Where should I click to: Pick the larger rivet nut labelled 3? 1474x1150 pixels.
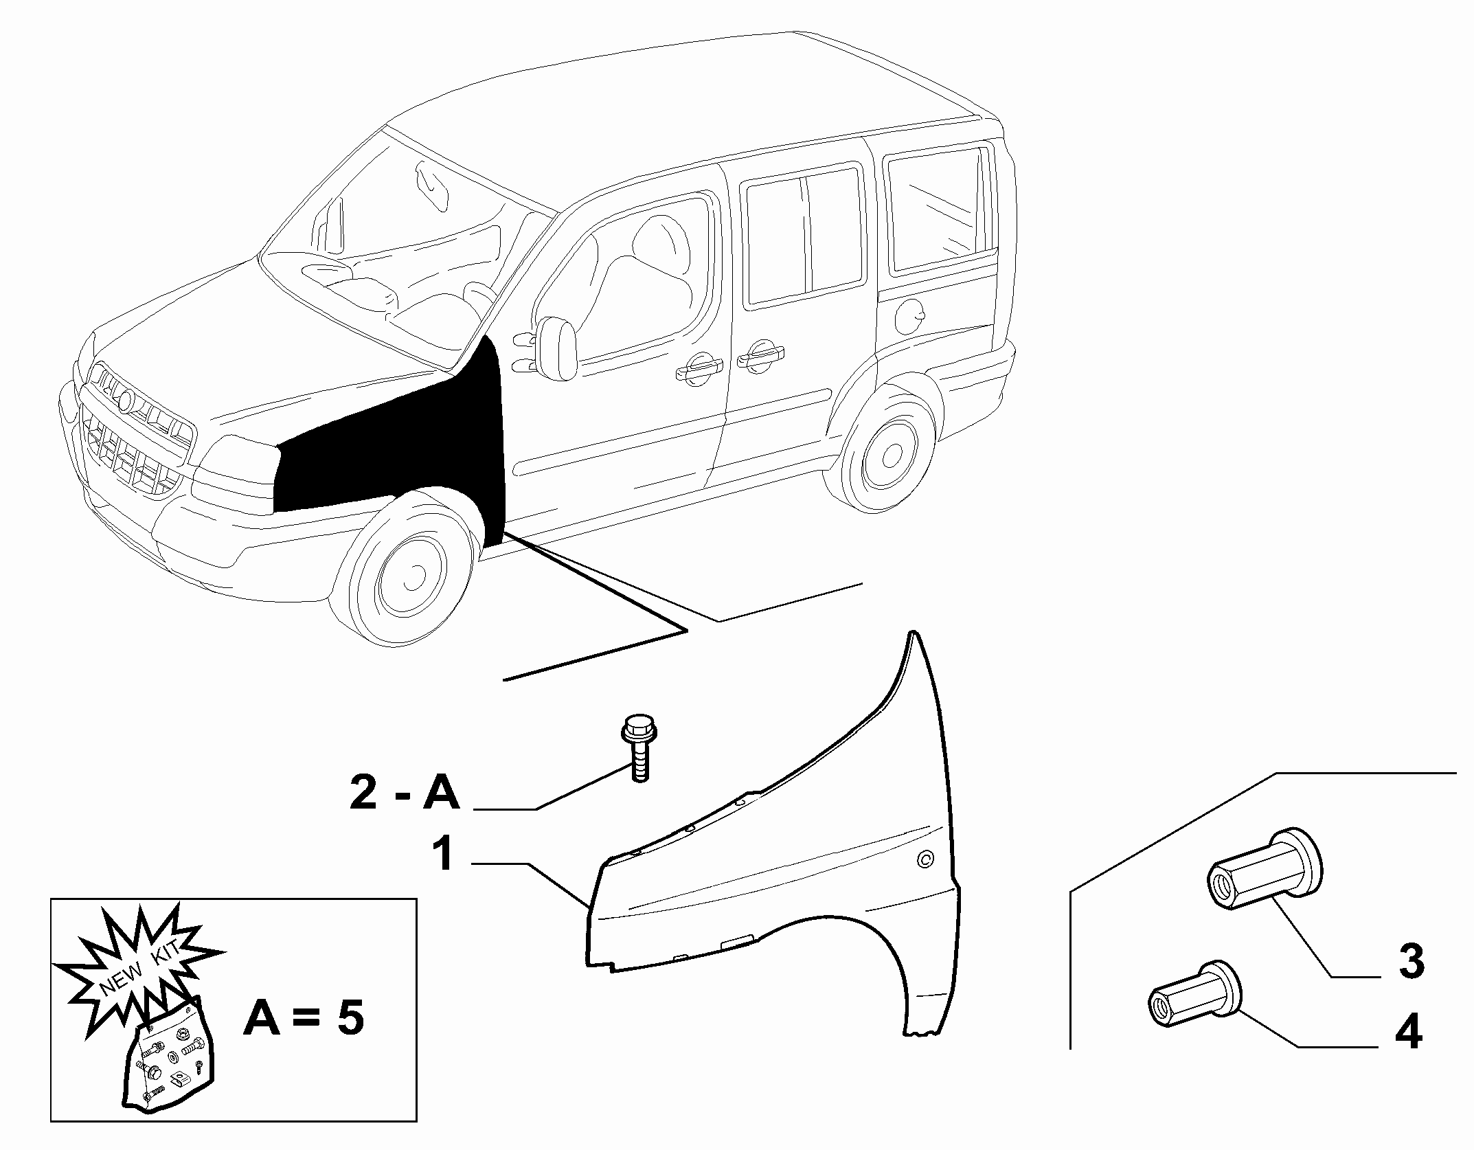click(1265, 870)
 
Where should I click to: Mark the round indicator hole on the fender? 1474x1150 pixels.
click(926, 859)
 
